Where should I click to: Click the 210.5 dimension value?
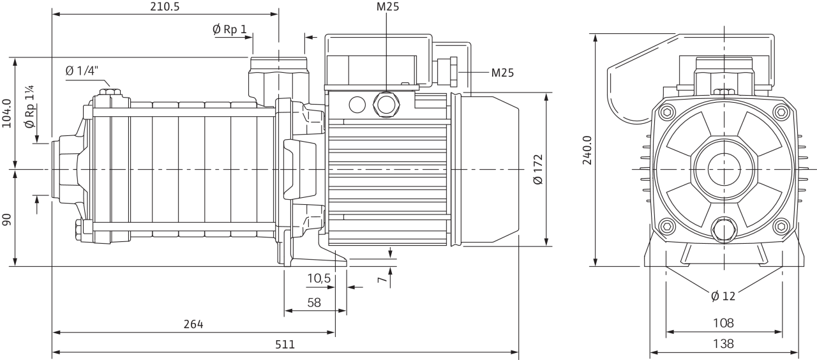[165, 6]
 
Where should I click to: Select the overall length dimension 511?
[285, 344]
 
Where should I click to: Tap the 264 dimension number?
[193, 324]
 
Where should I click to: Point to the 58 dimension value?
[314, 303]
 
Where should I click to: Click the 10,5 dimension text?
[319, 279]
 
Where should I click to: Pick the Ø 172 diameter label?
[538, 169]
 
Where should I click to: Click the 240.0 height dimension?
[587, 150]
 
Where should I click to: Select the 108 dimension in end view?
[723, 323]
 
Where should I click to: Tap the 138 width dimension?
[723, 343]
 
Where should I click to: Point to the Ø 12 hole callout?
[723, 296]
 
